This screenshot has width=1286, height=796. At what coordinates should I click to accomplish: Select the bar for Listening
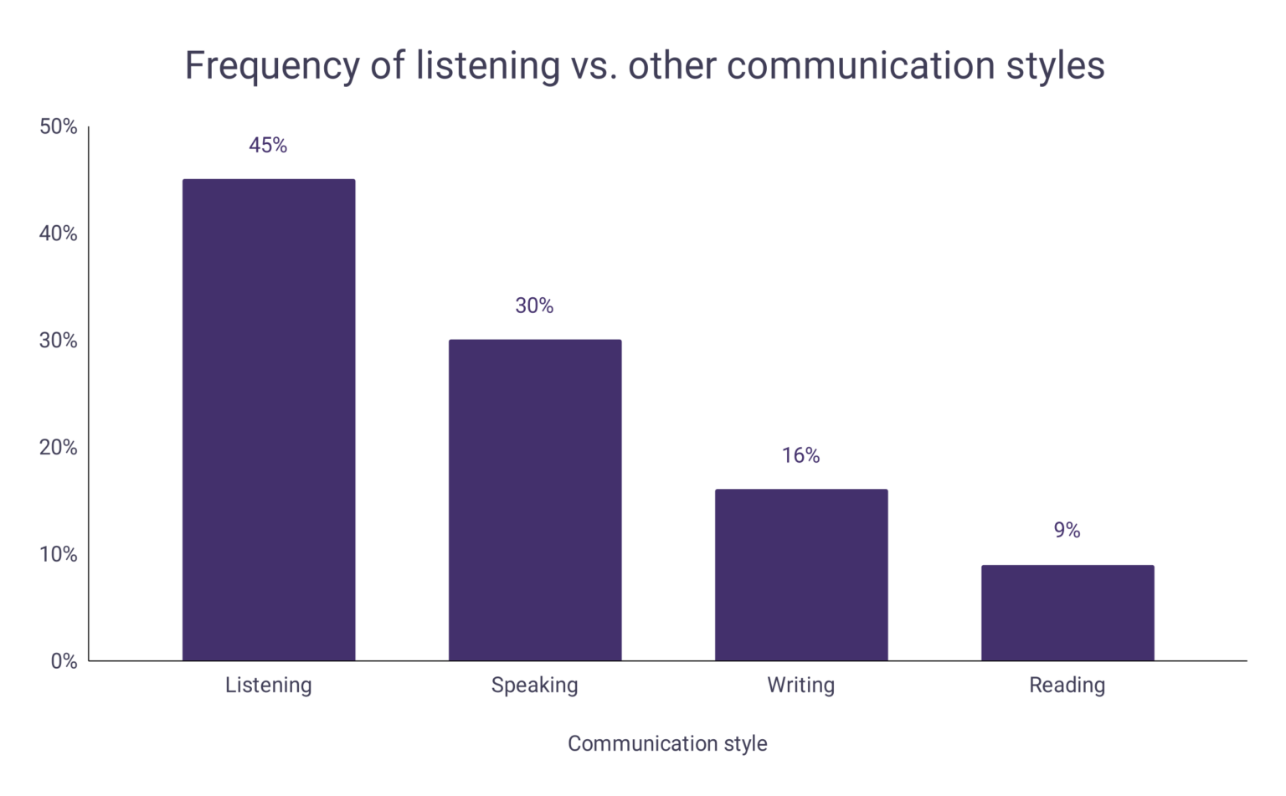tap(269, 419)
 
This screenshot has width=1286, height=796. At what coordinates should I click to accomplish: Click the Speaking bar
tap(535, 500)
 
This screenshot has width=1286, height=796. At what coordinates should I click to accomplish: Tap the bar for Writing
tap(801, 574)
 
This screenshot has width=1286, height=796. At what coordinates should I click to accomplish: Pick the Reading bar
tap(1067, 613)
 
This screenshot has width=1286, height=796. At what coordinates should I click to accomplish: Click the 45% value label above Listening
tap(268, 146)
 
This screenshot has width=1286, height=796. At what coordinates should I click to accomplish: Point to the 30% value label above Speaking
tap(534, 306)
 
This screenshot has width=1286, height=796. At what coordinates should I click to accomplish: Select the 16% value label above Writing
tap(800, 455)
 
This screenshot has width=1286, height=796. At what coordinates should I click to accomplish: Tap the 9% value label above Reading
tap(1067, 531)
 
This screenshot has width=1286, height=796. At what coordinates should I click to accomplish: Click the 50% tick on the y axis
tap(58, 126)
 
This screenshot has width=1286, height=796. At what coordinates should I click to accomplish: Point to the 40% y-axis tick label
tap(58, 234)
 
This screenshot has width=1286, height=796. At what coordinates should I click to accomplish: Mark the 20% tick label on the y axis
tap(58, 448)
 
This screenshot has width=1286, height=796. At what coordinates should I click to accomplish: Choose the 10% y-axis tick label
tap(58, 554)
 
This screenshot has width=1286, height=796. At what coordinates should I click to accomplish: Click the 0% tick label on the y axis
tap(64, 661)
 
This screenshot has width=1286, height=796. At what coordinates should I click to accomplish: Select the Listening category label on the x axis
tap(269, 686)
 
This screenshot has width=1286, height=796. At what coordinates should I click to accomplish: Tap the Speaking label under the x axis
tap(535, 686)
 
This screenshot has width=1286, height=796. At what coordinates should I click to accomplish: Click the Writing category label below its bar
tap(801, 686)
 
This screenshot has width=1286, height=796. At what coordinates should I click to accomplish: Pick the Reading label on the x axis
tap(1067, 686)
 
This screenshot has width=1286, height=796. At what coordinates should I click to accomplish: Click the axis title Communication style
tap(667, 743)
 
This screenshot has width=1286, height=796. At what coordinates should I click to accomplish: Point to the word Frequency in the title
tap(271, 66)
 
